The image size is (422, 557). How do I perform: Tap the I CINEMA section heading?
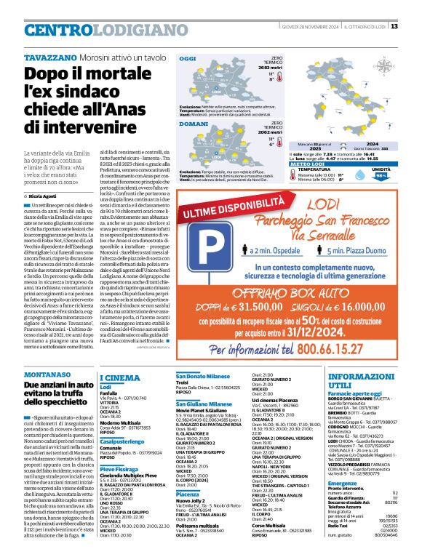(x=119, y=378)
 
